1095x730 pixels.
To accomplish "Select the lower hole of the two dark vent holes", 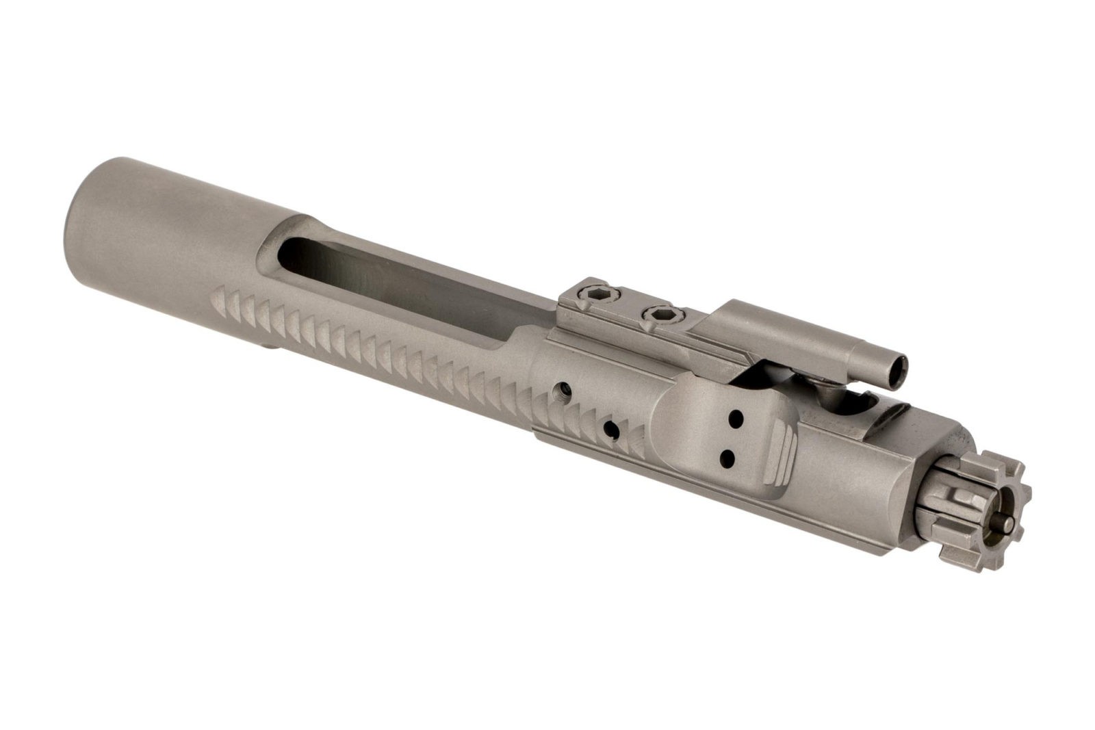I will click(x=727, y=456).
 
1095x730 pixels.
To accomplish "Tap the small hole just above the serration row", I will click(x=563, y=391).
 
